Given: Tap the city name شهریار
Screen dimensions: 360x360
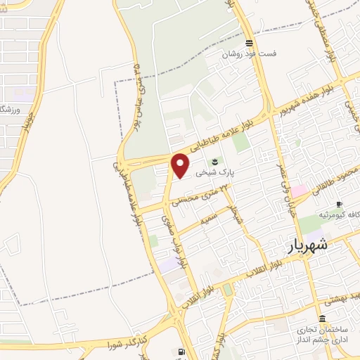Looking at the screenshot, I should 307,246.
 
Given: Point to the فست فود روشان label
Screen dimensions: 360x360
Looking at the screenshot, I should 250,53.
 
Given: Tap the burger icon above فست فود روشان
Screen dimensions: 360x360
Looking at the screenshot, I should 249,43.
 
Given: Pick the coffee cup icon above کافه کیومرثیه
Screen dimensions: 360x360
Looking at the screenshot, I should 340,204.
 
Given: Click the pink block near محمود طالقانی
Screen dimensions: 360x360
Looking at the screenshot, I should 300,191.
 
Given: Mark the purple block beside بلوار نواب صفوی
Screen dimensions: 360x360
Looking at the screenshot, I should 169,265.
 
